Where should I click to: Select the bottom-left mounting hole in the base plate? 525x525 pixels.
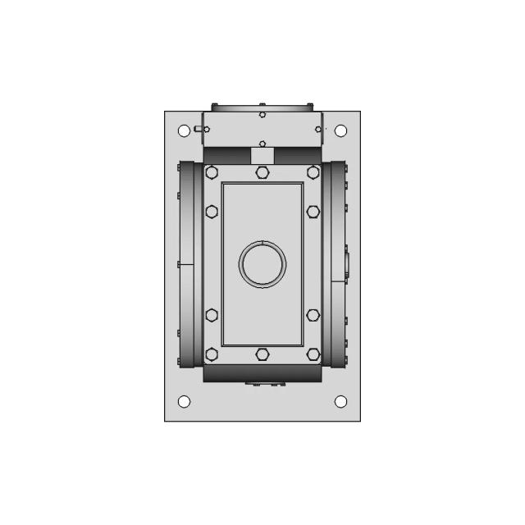(x=184, y=401)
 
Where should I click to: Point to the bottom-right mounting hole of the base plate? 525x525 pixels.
(x=340, y=401)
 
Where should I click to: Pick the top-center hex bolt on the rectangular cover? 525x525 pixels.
(x=262, y=172)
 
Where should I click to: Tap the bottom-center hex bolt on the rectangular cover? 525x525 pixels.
(x=262, y=354)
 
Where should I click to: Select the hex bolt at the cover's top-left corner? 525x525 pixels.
(x=212, y=172)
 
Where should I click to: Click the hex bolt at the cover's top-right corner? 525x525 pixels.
(x=313, y=172)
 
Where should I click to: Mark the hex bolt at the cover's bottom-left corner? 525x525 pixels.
(x=212, y=354)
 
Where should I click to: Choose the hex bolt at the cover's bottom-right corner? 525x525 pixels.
(x=313, y=354)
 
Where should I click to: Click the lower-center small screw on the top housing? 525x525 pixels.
(x=262, y=140)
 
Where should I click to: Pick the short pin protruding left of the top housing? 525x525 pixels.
(x=196, y=128)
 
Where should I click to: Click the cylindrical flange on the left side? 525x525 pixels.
(x=190, y=264)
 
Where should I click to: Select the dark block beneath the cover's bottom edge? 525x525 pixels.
(x=262, y=374)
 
